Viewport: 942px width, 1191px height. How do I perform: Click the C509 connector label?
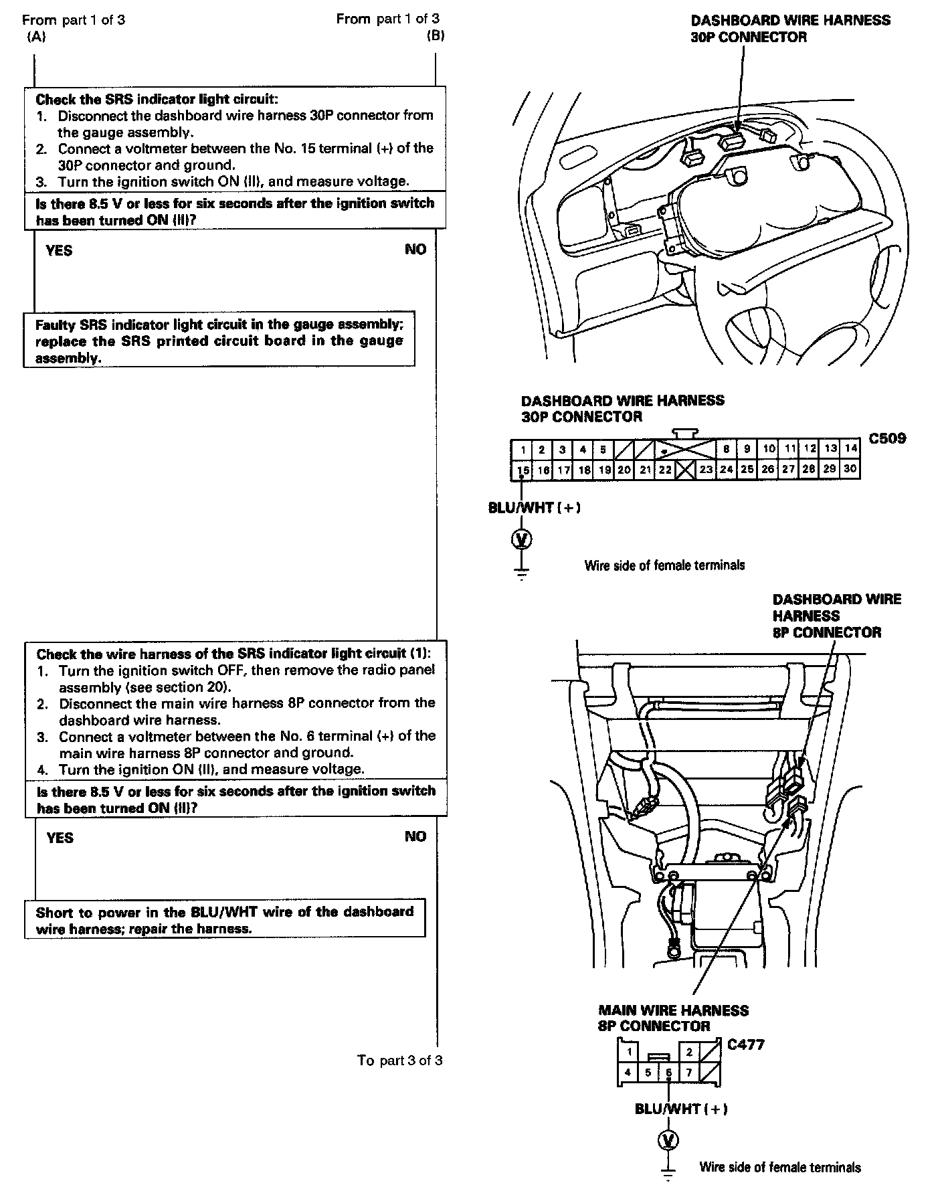[x=887, y=439]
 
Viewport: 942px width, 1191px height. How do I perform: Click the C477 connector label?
[x=745, y=1044]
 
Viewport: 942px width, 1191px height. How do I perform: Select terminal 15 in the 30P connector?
[x=523, y=470]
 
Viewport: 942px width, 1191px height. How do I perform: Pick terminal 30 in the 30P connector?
[x=850, y=469]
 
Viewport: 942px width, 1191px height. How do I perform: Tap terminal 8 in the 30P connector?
[x=726, y=449]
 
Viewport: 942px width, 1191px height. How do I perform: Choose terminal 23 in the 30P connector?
[x=706, y=470]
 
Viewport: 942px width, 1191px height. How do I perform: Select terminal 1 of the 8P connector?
[x=628, y=1052]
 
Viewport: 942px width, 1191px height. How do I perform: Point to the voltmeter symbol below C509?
[x=522, y=538]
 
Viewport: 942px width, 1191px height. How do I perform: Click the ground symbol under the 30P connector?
[x=522, y=573]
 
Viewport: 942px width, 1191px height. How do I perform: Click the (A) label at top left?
[x=36, y=37]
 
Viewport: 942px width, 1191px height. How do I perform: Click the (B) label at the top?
[x=436, y=36]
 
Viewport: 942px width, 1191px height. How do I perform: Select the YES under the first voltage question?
[x=59, y=251]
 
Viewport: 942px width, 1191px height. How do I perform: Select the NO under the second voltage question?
[x=415, y=836]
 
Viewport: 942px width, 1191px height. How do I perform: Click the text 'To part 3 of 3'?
[x=399, y=1060]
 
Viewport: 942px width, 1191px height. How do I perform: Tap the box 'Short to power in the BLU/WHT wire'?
[x=225, y=920]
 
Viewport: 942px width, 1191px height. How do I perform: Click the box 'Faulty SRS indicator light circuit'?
[x=219, y=340]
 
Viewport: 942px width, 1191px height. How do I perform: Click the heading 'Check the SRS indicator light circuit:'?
[x=156, y=99]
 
